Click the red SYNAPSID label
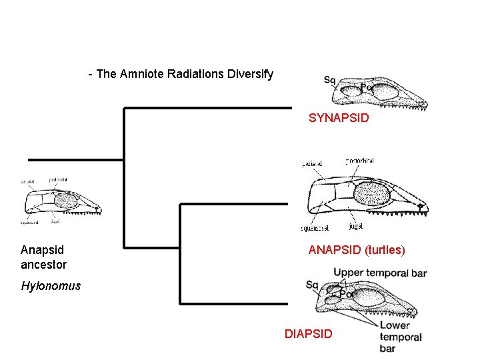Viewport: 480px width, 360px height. (339, 119)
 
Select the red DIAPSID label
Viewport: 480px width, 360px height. (308, 333)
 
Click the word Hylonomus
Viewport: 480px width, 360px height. (51, 286)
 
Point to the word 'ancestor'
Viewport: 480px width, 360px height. (44, 265)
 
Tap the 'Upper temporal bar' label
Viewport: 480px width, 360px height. (380, 273)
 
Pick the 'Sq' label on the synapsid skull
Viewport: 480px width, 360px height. (329, 81)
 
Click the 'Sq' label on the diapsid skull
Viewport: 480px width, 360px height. (312, 285)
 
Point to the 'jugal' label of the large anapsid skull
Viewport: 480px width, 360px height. (355, 227)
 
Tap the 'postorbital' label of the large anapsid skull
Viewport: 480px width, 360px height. (360, 161)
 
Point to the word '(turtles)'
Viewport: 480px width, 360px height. (381, 251)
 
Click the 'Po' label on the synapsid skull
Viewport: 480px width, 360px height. (365, 87)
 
